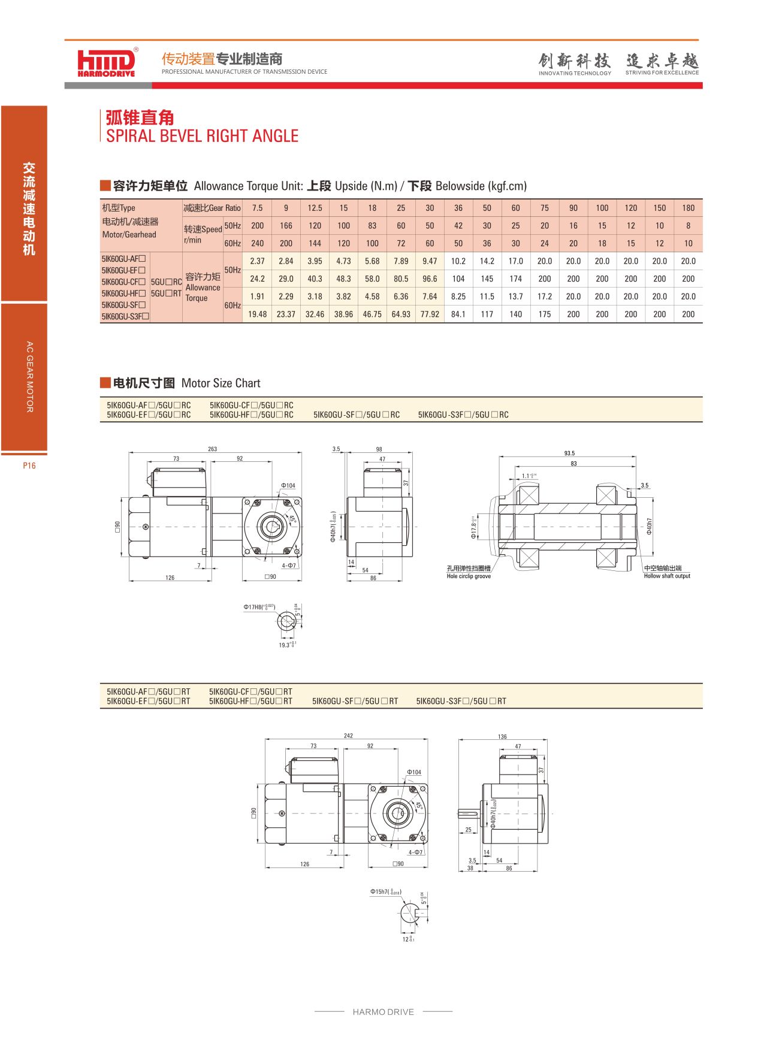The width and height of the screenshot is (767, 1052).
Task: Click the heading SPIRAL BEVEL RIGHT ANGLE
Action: (202, 136)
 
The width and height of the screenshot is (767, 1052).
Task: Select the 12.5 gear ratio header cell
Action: (315, 208)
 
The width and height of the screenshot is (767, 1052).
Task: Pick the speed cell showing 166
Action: (286, 226)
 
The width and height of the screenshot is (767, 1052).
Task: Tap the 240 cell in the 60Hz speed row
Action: (257, 243)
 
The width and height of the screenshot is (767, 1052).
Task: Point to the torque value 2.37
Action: (257, 261)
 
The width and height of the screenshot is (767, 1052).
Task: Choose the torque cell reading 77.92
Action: (430, 314)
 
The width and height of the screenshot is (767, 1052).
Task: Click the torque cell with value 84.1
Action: (458, 314)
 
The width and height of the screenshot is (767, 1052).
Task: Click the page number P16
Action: (29, 465)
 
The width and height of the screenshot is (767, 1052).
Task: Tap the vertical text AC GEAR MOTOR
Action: (29, 377)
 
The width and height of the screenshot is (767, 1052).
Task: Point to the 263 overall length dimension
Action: (212, 449)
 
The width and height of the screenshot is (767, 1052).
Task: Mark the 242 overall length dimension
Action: (348, 736)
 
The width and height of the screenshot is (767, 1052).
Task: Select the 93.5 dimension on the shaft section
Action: (569, 454)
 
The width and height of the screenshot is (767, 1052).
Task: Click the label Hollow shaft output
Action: (667, 576)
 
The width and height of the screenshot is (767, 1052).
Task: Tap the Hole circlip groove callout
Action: (469, 576)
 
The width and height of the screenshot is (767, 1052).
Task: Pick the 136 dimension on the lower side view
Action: (502, 737)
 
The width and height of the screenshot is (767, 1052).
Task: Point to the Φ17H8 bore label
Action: (259, 607)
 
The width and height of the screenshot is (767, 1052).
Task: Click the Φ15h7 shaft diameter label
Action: (385, 892)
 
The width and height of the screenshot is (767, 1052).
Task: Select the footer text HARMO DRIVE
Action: (383, 1012)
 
